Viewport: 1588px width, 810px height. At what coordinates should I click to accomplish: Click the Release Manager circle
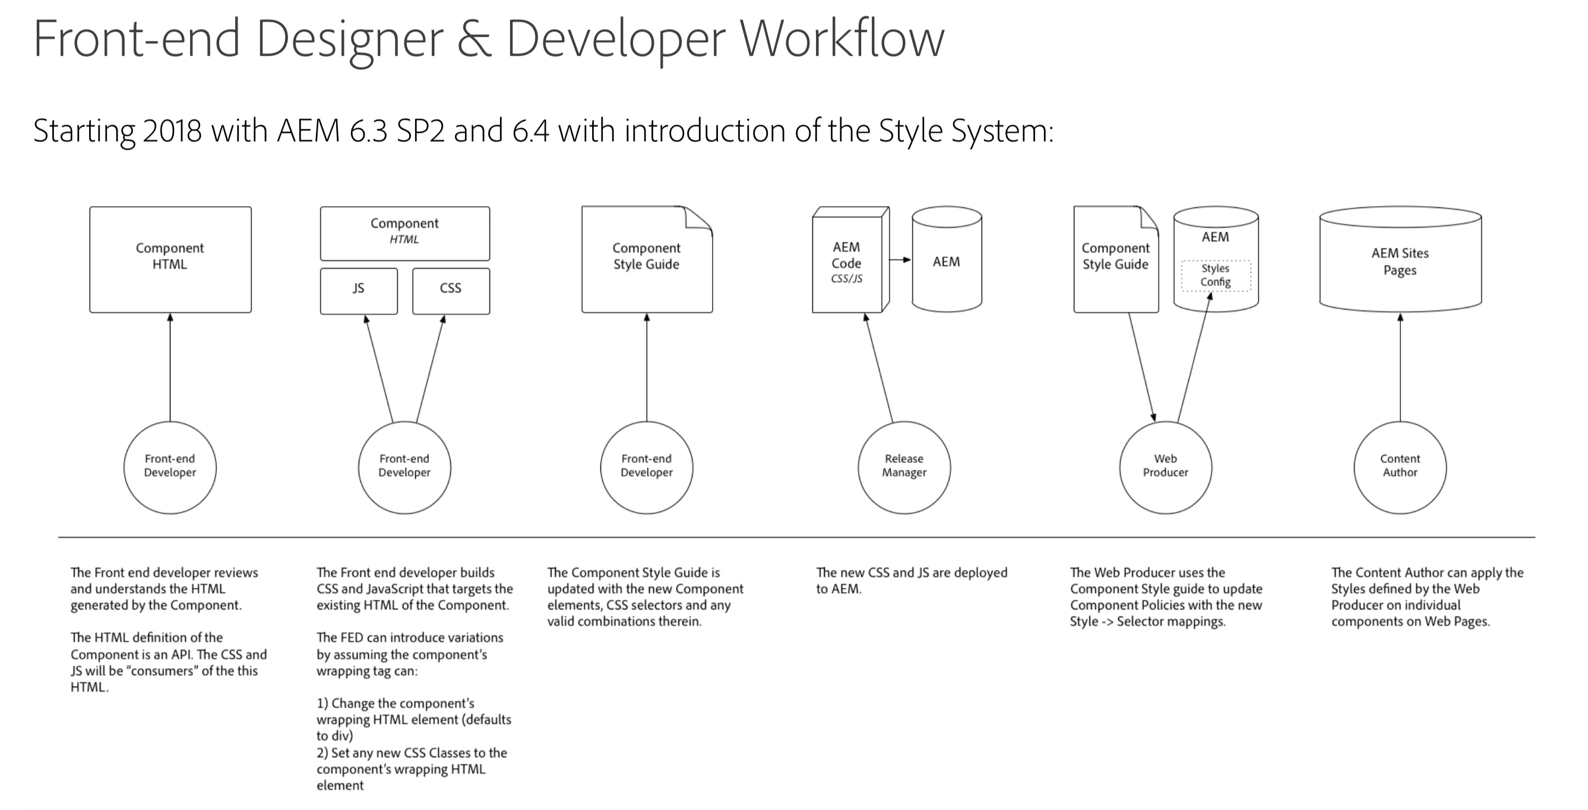(904, 467)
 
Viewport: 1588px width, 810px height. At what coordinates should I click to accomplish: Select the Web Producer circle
(1165, 467)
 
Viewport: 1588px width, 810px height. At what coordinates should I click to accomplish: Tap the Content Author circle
(1399, 467)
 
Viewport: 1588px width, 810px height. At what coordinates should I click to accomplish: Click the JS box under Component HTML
(358, 290)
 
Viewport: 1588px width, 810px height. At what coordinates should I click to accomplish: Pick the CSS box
(451, 290)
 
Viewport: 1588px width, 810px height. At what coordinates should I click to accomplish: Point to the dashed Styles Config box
(1215, 276)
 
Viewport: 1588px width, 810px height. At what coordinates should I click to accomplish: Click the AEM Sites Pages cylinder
(1399, 261)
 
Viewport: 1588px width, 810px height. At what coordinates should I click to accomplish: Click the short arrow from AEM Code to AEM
(900, 260)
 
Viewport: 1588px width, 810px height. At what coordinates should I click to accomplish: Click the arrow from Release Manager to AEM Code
(879, 368)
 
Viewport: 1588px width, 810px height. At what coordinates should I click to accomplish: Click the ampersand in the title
(474, 38)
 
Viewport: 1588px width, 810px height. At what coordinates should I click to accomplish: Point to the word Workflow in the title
(842, 38)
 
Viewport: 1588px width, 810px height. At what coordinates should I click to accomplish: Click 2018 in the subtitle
(172, 131)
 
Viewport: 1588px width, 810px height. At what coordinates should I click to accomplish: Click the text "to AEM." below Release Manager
(839, 588)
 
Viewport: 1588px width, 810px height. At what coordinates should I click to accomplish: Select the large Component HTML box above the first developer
(170, 259)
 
